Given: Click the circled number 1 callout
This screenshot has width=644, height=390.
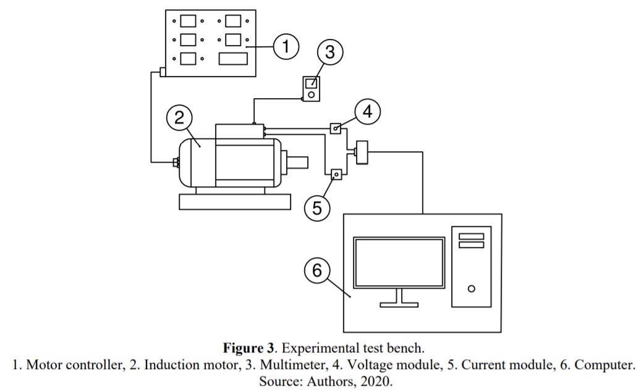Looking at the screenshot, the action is click(x=286, y=46).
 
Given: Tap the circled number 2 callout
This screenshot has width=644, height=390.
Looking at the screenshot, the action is click(x=179, y=118).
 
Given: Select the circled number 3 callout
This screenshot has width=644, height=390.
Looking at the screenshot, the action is click(x=330, y=52).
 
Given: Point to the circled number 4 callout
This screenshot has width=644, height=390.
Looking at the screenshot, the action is click(x=367, y=112).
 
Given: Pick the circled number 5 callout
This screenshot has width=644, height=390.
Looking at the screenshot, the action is click(x=316, y=208).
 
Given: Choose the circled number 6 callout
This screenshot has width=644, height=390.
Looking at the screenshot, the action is click(x=316, y=271).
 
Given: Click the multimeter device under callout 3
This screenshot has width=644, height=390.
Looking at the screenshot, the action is click(x=311, y=89).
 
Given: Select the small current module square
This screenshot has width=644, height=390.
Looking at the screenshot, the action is click(x=336, y=175).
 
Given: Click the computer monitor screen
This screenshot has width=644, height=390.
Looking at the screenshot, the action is click(x=399, y=262).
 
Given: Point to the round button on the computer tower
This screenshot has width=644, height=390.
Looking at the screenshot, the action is click(x=472, y=289).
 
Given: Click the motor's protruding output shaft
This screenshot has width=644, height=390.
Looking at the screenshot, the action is click(x=297, y=162).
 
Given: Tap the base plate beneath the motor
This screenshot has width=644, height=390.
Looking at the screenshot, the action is click(x=235, y=202).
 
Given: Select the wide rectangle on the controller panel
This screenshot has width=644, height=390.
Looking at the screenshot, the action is click(x=233, y=59).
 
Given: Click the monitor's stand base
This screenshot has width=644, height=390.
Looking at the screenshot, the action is click(x=399, y=305).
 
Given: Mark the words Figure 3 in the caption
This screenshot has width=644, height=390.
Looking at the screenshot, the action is click(x=248, y=348).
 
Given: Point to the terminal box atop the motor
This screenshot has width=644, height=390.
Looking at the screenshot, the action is click(x=240, y=131).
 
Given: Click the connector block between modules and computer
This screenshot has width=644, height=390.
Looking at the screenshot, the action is click(x=362, y=152).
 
